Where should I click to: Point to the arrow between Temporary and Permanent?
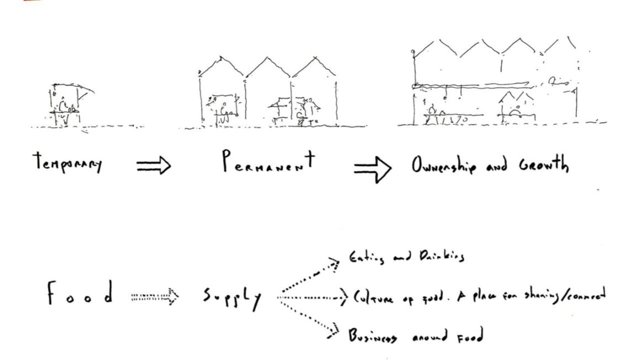[x=153, y=166]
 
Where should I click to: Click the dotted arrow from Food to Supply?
[x=155, y=298]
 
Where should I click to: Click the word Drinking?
[x=439, y=257]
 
